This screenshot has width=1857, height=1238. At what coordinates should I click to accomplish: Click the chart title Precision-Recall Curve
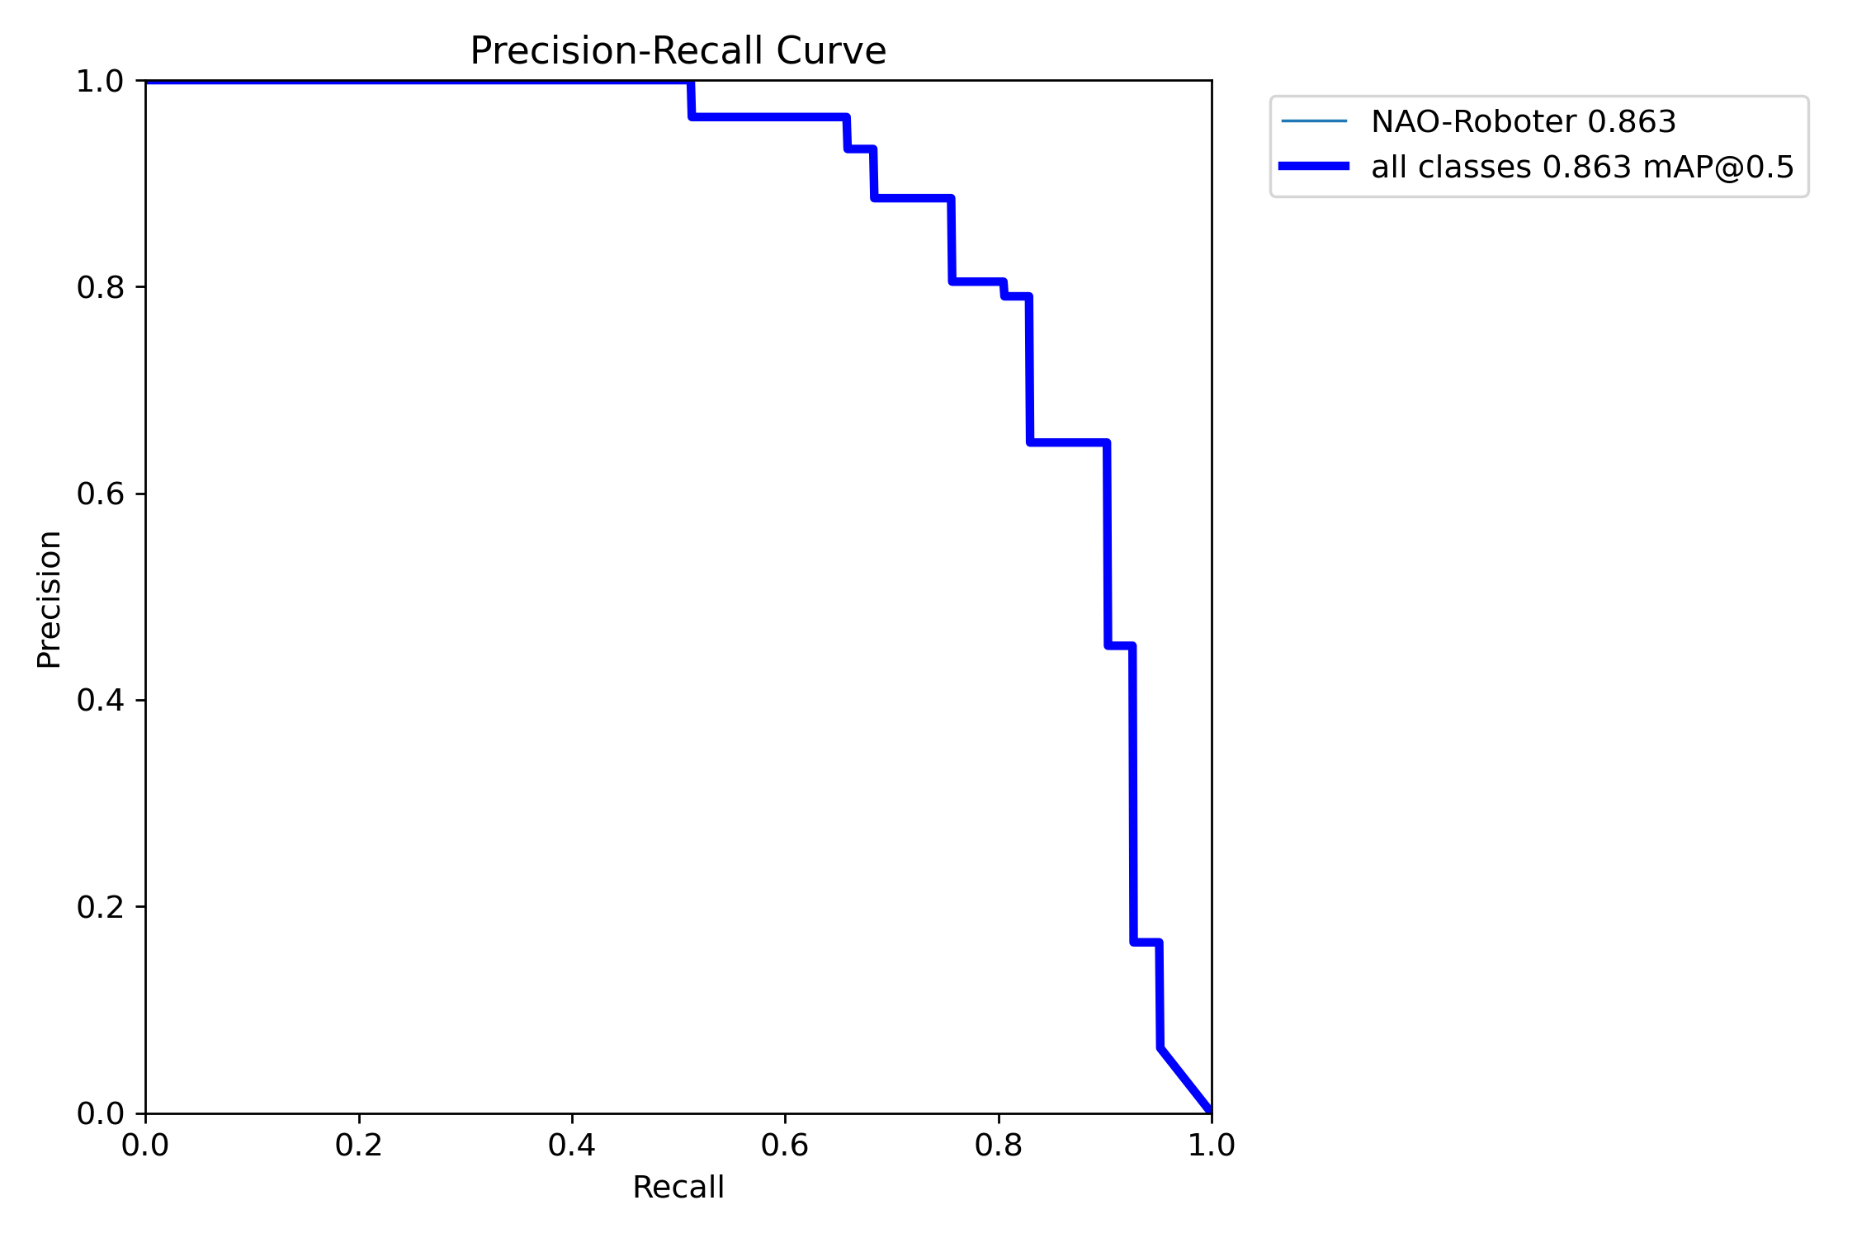(678, 51)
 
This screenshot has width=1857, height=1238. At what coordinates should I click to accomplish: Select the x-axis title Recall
(678, 1188)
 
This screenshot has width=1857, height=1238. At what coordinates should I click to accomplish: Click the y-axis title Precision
(50, 599)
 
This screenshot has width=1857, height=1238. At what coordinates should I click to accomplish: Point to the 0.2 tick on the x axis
(359, 1146)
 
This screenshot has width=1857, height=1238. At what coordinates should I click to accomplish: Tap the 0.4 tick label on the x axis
(572, 1146)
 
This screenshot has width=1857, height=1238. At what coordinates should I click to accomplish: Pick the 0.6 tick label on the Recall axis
(785, 1146)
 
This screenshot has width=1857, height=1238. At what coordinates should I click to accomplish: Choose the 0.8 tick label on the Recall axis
(998, 1146)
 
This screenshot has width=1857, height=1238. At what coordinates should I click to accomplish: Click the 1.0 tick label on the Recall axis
(1211, 1146)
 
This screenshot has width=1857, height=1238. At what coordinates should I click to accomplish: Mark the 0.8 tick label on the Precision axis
(100, 287)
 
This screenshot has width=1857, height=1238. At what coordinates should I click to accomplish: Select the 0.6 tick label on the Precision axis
(100, 494)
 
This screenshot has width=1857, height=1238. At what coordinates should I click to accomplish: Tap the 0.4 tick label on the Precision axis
(100, 700)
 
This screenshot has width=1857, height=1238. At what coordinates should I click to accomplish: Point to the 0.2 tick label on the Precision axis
(100, 907)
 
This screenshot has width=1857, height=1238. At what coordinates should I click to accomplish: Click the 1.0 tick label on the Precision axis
(100, 81)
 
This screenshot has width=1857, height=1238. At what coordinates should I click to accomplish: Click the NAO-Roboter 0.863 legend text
(1524, 121)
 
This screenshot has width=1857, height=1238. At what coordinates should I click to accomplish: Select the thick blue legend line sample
(1314, 166)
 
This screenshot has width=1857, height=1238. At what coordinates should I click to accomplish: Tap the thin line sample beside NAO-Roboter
(1314, 121)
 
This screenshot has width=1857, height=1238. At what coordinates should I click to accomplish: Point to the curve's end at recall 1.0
(1210, 1111)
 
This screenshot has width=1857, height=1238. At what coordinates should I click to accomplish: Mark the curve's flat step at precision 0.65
(1069, 443)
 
